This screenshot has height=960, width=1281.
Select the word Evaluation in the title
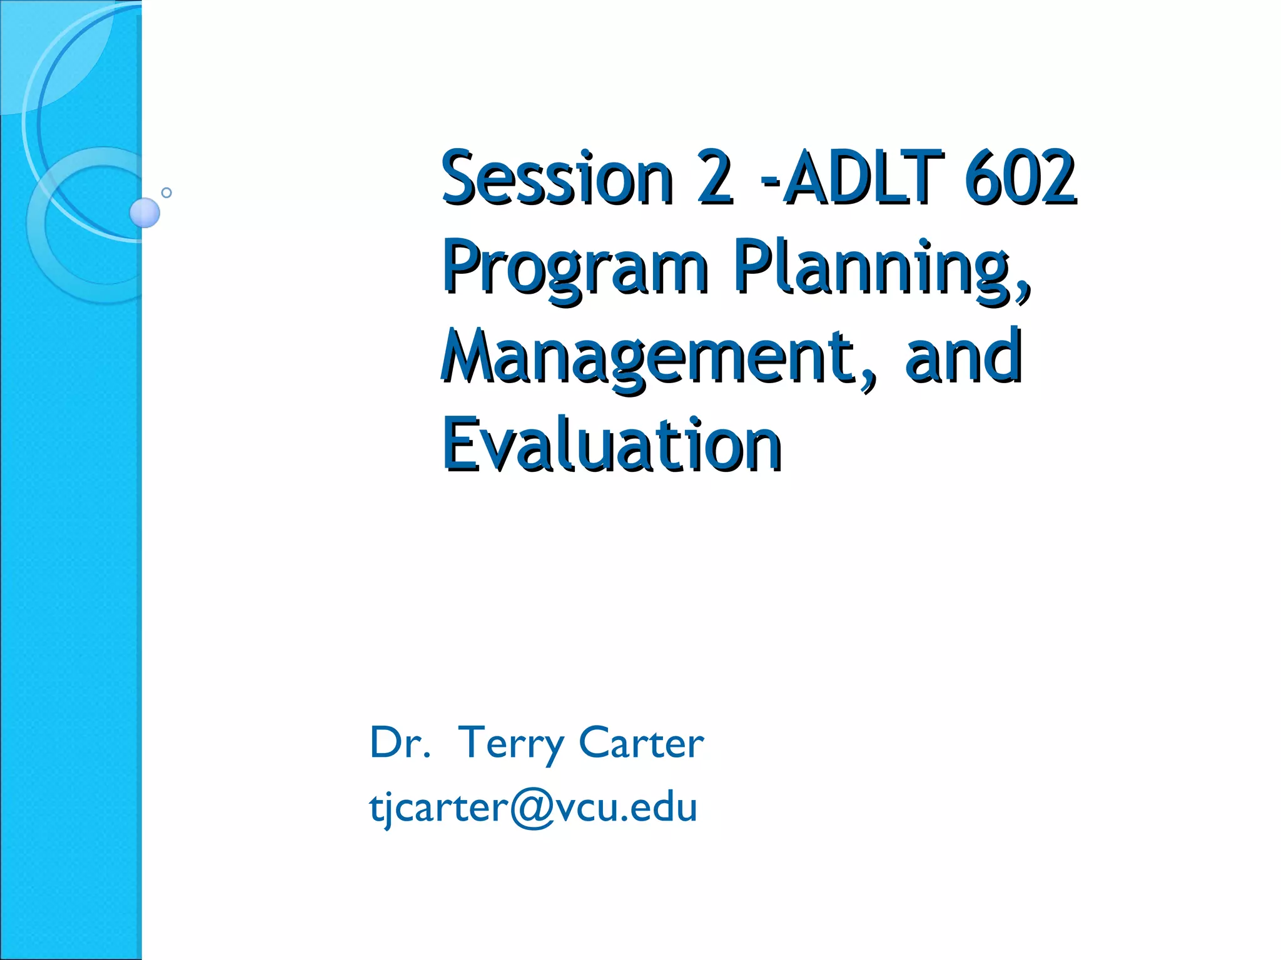coord(612,445)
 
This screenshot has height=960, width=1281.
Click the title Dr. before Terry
coord(400,743)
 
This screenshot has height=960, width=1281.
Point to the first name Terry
coord(510,743)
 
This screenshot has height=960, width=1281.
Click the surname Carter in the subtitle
coord(641,743)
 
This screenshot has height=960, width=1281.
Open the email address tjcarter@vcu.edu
coord(533,807)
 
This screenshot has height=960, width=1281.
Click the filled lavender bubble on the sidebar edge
coord(144,212)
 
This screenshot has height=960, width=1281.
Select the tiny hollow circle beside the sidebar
coord(166,192)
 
